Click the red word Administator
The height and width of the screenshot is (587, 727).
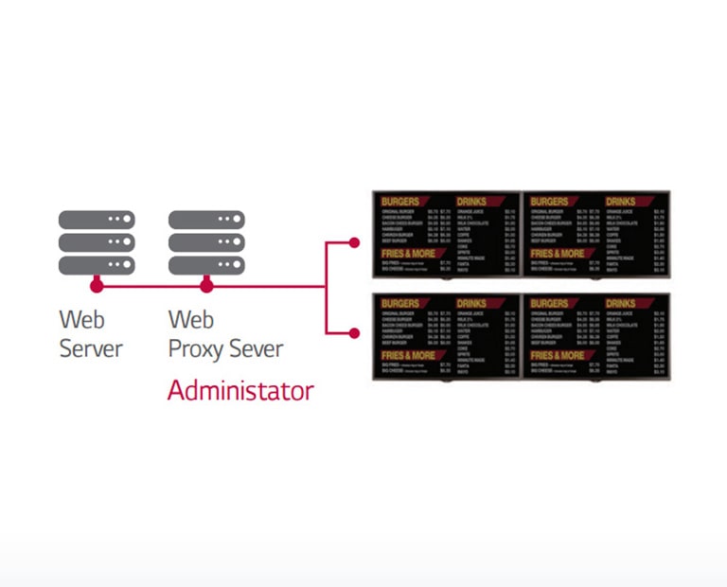240,390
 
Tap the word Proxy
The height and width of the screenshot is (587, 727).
197,348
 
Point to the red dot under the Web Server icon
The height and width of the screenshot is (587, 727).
96,285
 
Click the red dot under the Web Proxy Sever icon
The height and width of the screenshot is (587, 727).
206,285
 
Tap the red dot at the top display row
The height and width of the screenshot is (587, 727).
354,242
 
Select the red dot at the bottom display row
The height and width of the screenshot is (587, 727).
354,332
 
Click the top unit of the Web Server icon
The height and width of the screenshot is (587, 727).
96,220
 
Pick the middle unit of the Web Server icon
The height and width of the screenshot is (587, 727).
96,242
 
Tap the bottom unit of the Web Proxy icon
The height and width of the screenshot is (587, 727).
206,265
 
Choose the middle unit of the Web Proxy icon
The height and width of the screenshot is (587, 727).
206,242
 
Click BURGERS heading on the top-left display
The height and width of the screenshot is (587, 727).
401,202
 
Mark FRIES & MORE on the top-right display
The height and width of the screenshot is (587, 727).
559,254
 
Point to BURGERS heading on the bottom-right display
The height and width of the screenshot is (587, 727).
551,304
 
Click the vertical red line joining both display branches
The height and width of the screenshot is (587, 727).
326,288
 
